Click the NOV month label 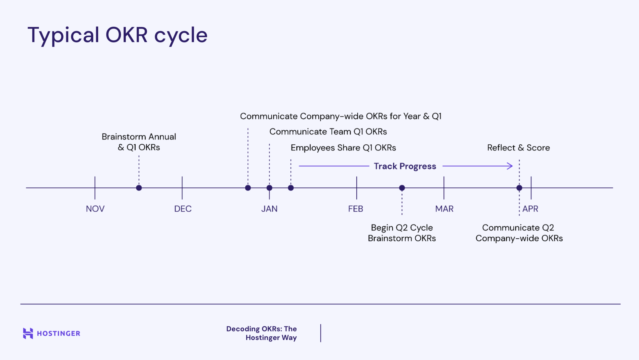tap(95, 209)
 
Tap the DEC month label tap(183, 209)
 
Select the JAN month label tap(269, 209)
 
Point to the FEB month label tap(356, 209)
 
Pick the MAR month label tap(444, 209)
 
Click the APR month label tap(530, 209)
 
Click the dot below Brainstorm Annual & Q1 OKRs tap(139, 188)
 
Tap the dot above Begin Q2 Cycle tap(402, 188)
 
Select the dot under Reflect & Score tap(519, 188)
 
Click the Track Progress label tap(405, 166)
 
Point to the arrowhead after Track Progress tap(510, 166)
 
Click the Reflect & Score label tap(518, 148)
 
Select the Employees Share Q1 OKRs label tap(343, 148)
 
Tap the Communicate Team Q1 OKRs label tap(328, 132)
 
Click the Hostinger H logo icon tap(28, 333)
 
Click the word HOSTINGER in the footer tap(59, 334)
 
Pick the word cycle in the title tap(181, 35)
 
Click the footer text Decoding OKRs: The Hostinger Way tap(262, 333)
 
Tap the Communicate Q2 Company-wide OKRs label tap(519, 233)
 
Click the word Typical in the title tap(63, 35)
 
